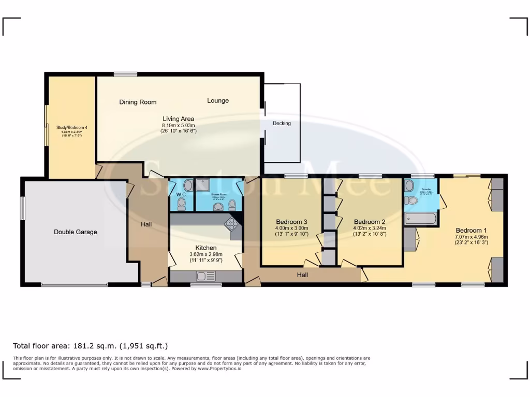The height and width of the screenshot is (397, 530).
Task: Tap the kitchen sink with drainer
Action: pos(205,277)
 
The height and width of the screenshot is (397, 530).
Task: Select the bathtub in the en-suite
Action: pos(420,218)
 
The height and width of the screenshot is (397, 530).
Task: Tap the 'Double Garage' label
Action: pos(76,232)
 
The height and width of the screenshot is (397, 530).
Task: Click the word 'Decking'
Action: pos(282,124)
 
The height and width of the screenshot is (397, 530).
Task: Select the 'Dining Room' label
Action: pos(138,102)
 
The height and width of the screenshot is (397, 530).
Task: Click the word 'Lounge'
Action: pos(218,100)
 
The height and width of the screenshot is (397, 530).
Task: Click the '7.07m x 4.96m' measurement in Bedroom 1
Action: pos(472,237)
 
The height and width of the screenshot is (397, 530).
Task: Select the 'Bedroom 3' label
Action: pos(292,222)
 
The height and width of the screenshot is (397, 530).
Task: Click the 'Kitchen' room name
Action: pos(205,248)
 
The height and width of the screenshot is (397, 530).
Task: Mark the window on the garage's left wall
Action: pos(22,208)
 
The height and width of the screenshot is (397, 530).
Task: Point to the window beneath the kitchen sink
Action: pos(205,284)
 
